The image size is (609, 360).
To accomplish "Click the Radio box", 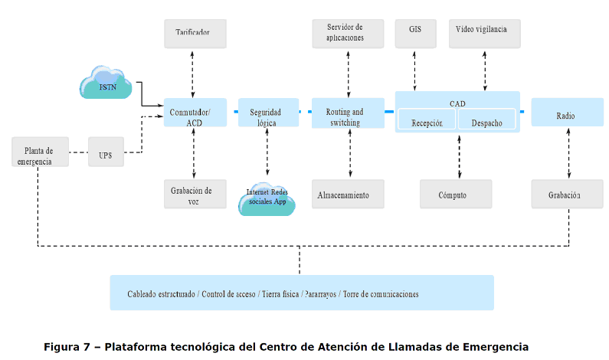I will coord(565,116).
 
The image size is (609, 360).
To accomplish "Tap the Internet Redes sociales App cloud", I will coord(267,198).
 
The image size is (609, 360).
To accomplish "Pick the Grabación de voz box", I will coord(194,195).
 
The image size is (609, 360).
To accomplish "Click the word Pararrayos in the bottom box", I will coord(320,294).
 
